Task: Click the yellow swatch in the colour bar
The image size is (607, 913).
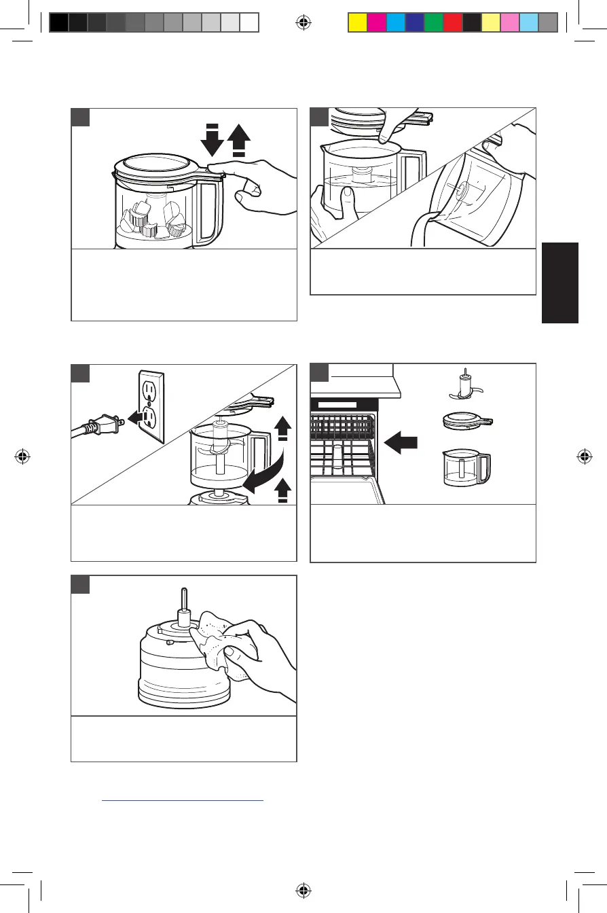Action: (x=357, y=23)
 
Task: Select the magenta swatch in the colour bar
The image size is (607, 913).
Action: (x=376, y=23)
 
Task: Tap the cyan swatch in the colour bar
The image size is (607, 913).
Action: (x=395, y=23)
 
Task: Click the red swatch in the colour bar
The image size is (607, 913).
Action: (x=452, y=23)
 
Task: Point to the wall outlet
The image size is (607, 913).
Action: (x=151, y=406)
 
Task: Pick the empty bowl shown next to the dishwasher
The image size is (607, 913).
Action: (x=466, y=468)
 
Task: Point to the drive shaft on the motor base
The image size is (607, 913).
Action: (x=183, y=602)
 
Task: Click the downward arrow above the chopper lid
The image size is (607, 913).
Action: (x=212, y=141)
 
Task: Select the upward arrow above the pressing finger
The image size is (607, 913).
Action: (x=240, y=141)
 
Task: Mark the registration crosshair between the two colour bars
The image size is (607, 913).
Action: (x=303, y=22)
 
